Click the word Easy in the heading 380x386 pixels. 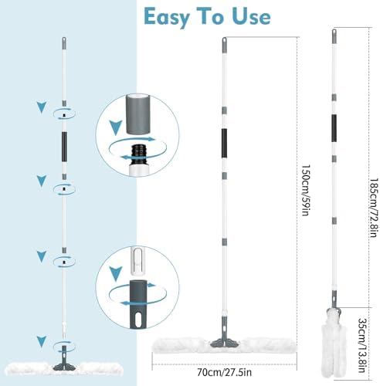pyautogui.click(x=167, y=18)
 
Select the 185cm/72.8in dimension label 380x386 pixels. pyautogui.click(x=374, y=208)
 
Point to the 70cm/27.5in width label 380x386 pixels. pyautogui.click(x=224, y=372)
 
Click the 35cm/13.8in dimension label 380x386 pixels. pyautogui.click(x=362, y=345)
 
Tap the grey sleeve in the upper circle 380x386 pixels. pyautogui.click(x=137, y=114)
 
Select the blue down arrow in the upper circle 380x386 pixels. pyautogui.click(x=116, y=127)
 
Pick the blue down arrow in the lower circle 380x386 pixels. pyautogui.click(x=116, y=274)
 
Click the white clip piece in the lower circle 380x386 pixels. pyautogui.click(x=137, y=262)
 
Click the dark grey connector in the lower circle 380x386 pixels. pyautogui.click(x=138, y=304)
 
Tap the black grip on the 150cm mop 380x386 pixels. pyautogui.click(x=224, y=144)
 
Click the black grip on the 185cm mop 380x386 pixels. pyautogui.click(x=334, y=128)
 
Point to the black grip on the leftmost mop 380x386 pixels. pyautogui.click(x=64, y=147)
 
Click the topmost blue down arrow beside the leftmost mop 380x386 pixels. pyautogui.click(x=42, y=107)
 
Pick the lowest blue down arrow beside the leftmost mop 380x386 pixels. pyautogui.click(x=42, y=341)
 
